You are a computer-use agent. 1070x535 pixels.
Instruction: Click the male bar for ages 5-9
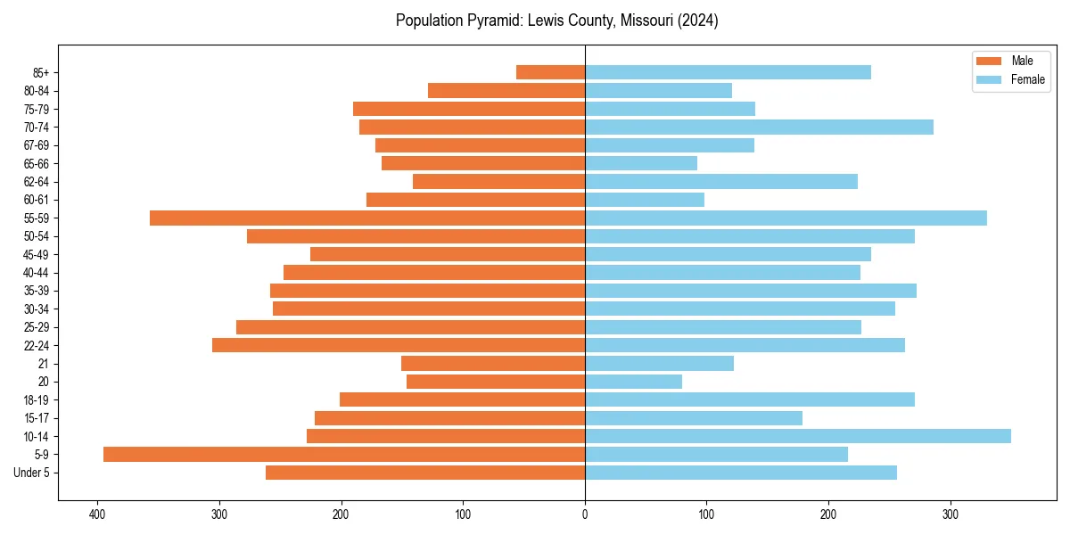(x=344, y=454)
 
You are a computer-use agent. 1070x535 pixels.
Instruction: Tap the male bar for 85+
(x=550, y=72)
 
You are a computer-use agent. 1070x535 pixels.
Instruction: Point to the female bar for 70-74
(x=759, y=127)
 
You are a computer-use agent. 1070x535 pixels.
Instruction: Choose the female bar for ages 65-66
(x=641, y=163)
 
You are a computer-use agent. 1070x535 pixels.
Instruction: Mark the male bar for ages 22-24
(x=399, y=345)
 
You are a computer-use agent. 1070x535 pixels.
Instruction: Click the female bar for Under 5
(x=741, y=473)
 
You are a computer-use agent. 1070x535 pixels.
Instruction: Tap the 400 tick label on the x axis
(x=97, y=514)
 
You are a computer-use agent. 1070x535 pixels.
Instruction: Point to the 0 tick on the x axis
(x=585, y=514)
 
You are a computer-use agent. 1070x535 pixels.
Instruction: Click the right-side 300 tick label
(x=951, y=514)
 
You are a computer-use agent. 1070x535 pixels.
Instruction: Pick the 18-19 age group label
(x=37, y=400)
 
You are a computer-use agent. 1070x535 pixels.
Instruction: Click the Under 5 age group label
(x=31, y=473)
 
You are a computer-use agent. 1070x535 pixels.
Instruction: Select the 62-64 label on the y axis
(x=37, y=182)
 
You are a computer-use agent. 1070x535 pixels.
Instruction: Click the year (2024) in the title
(x=697, y=21)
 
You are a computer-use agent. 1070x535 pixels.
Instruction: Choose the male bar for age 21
(x=493, y=363)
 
